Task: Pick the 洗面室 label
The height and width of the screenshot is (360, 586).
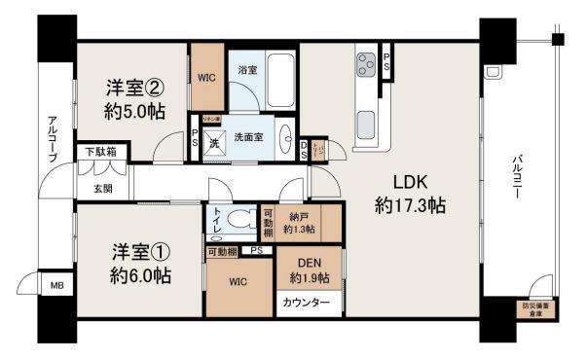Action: tap(247, 136)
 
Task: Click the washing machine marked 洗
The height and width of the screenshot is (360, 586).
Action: tap(214, 138)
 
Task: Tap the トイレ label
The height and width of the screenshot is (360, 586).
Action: tap(218, 219)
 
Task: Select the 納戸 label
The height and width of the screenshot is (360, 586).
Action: tap(299, 219)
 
